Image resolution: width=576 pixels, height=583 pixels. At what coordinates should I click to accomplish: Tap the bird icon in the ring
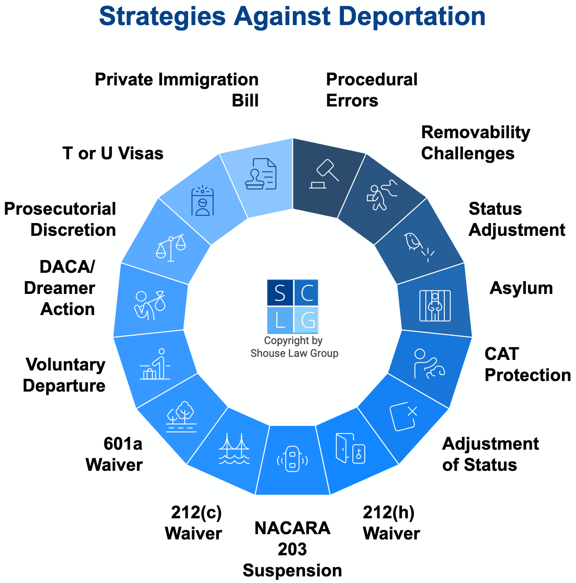pyautogui.click(x=414, y=242)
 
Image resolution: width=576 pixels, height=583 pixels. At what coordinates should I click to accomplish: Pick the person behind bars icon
pyautogui.click(x=435, y=305)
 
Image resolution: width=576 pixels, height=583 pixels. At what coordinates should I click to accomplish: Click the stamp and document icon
pyautogui.click(x=262, y=174)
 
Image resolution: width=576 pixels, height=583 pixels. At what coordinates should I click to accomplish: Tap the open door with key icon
pyautogui.click(x=350, y=448)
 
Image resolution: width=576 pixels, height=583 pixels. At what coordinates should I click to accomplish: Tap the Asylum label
pyautogui.click(x=521, y=288)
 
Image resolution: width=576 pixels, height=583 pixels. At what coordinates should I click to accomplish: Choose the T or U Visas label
pyautogui.click(x=113, y=154)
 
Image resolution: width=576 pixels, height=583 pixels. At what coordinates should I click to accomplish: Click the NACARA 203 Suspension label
pyautogui.click(x=292, y=549)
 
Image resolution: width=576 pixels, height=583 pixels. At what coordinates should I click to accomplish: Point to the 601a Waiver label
pyautogui.click(x=114, y=454)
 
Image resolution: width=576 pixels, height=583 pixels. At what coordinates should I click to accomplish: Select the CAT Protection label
pyautogui.click(x=527, y=364)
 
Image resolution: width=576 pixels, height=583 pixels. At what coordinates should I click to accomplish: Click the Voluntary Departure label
pyautogui.click(x=65, y=375)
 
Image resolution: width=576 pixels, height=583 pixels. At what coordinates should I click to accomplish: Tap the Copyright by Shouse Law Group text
pyautogui.click(x=294, y=347)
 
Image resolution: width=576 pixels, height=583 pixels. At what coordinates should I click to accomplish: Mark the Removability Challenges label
pyautogui.click(x=475, y=143)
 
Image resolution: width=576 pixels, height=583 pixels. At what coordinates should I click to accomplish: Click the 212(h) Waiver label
pyautogui.click(x=391, y=523)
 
